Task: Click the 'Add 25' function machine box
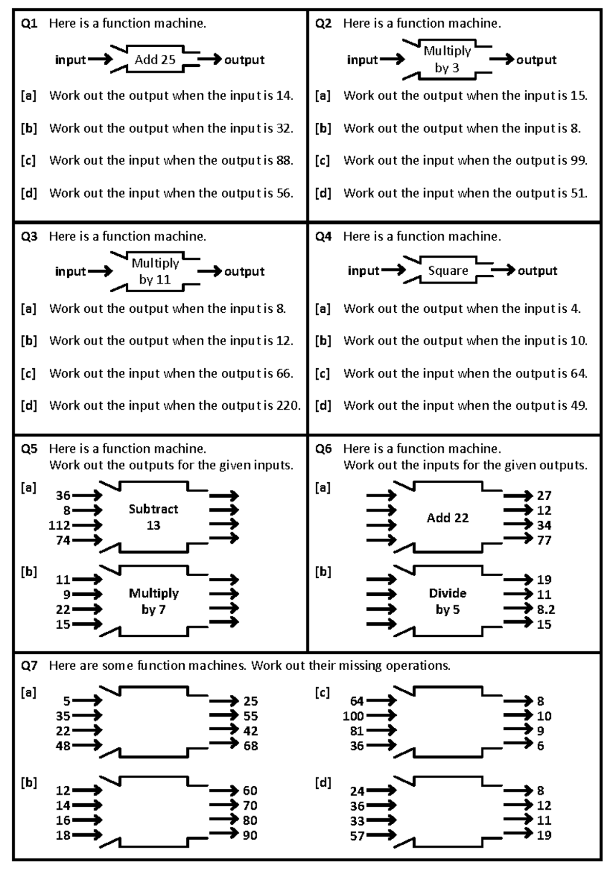[155, 60]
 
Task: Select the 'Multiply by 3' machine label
[447, 59]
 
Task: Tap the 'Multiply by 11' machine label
[155, 271]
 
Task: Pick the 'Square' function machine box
[448, 271]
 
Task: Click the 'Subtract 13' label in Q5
[153, 517]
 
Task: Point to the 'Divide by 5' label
[448, 601]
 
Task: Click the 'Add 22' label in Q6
[448, 518]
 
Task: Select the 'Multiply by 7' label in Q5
[153, 601]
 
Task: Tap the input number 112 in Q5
[60, 525]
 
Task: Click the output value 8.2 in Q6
[546, 610]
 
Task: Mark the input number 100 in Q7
[353, 716]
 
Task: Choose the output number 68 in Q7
[251, 746]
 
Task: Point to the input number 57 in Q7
[357, 836]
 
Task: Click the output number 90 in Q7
[250, 835]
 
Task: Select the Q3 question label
[29, 237]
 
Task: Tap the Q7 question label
[29, 666]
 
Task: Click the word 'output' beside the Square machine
[537, 271]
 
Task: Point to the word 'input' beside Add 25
[70, 60]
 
